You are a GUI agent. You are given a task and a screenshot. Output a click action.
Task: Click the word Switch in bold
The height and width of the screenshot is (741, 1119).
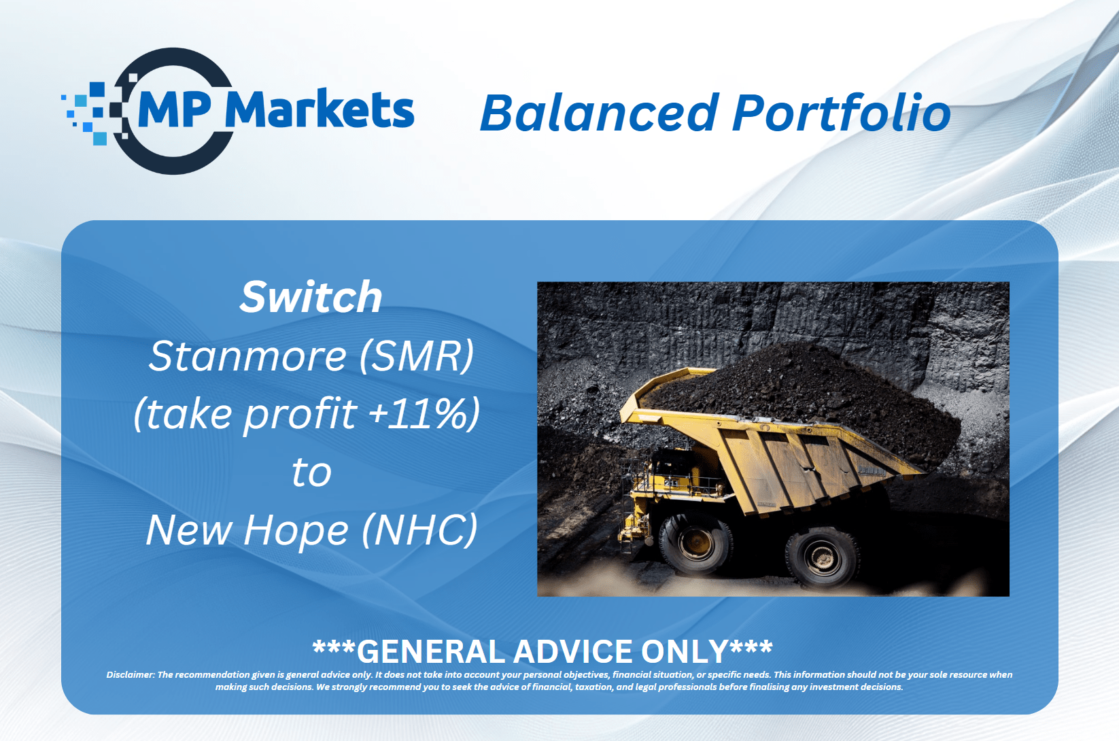311,297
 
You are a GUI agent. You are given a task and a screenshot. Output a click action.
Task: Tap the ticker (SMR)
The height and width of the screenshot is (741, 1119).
416,356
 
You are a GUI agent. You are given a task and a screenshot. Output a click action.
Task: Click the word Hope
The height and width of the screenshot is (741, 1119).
296,531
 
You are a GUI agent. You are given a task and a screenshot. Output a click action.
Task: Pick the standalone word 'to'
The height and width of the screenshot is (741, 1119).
312,472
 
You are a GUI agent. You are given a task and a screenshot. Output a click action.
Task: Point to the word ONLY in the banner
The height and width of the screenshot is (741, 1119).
685,651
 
